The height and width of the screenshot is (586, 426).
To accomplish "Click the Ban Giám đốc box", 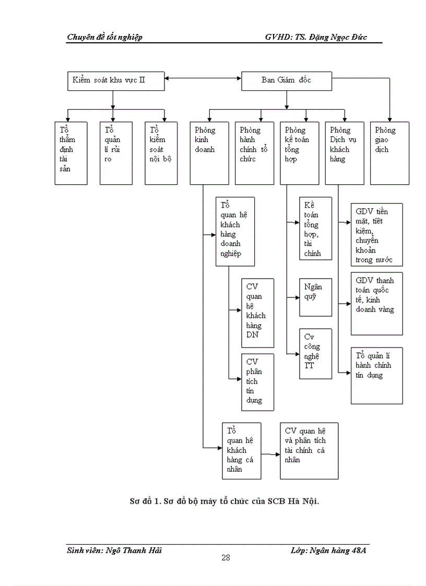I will pyautogui.click(x=287, y=80).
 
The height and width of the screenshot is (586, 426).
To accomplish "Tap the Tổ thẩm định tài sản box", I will pyautogui.click(x=71, y=153).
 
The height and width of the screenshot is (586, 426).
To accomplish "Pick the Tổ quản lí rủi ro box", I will pyautogui.click(x=116, y=153).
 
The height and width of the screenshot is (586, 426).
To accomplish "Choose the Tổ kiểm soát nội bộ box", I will pyautogui.click(x=161, y=153).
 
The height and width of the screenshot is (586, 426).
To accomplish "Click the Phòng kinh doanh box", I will pyautogui.click(x=209, y=153).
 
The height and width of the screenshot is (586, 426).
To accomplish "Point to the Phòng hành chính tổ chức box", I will pyautogui.click(x=254, y=153).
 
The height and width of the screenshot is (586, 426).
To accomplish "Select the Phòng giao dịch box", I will pyautogui.click(x=389, y=153).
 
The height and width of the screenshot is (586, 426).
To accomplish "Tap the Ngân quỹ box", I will pyautogui.click(x=315, y=297).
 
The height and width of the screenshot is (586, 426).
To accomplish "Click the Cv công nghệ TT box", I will pyautogui.click(x=315, y=353).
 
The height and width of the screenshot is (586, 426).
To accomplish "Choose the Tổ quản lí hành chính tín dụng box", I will pyautogui.click(x=376, y=376).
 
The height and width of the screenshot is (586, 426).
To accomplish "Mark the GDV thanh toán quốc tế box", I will pyautogui.click(x=376, y=303).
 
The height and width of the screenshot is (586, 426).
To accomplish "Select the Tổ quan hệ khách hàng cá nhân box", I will pyautogui.click(x=241, y=451).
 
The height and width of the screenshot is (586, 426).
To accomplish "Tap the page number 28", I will pyautogui.click(x=226, y=557).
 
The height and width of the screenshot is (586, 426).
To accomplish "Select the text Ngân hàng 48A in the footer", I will pyautogui.click(x=341, y=550).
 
